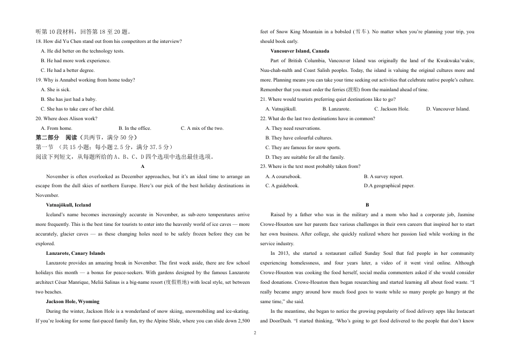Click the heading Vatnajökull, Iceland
tap(68, 205)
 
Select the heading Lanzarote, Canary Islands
tap(75, 253)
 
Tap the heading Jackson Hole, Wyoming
tap(72, 302)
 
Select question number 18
tap(39, 41)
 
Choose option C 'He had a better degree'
tap(68, 70)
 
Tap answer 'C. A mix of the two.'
tap(202, 128)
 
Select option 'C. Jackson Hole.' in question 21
tap(391, 109)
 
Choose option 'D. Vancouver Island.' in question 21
tap(448, 109)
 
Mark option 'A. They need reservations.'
tap(293, 128)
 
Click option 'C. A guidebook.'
tap(282, 186)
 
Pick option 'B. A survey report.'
tap(383, 177)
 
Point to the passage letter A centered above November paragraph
tap(142, 167)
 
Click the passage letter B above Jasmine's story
tap(367, 205)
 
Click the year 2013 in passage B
tap(281, 253)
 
